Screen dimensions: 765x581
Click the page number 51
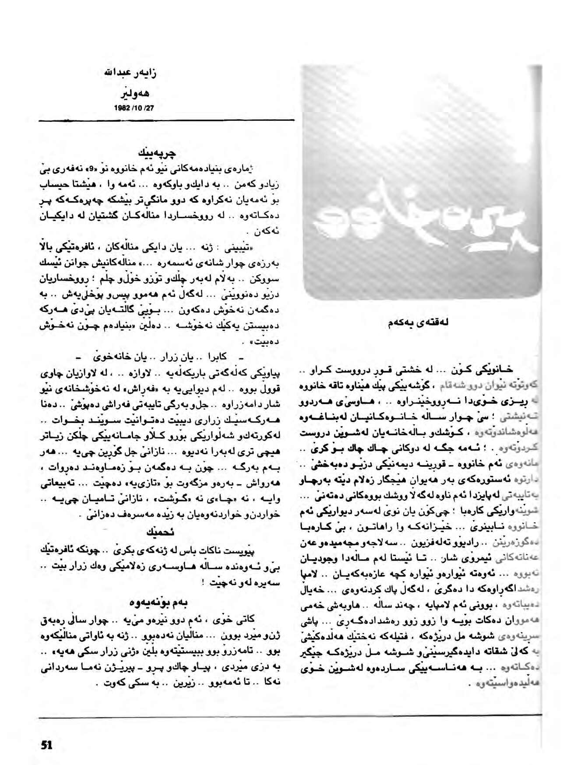[x=47, y=744]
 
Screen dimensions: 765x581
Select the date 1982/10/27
[x=135, y=107]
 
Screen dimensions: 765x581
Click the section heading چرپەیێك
[x=156, y=153]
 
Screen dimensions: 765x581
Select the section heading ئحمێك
[x=162, y=532]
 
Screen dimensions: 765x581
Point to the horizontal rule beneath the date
[x=166, y=120]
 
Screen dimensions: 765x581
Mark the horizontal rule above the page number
[x=289, y=716]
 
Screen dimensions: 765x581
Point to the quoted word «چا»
[x=239, y=500]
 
